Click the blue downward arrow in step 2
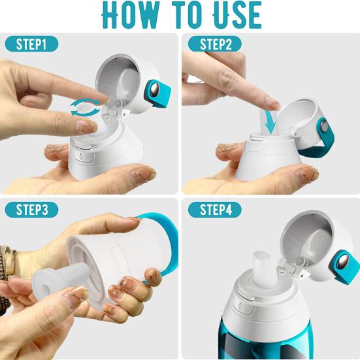[268, 123]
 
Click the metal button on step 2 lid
[325, 126]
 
